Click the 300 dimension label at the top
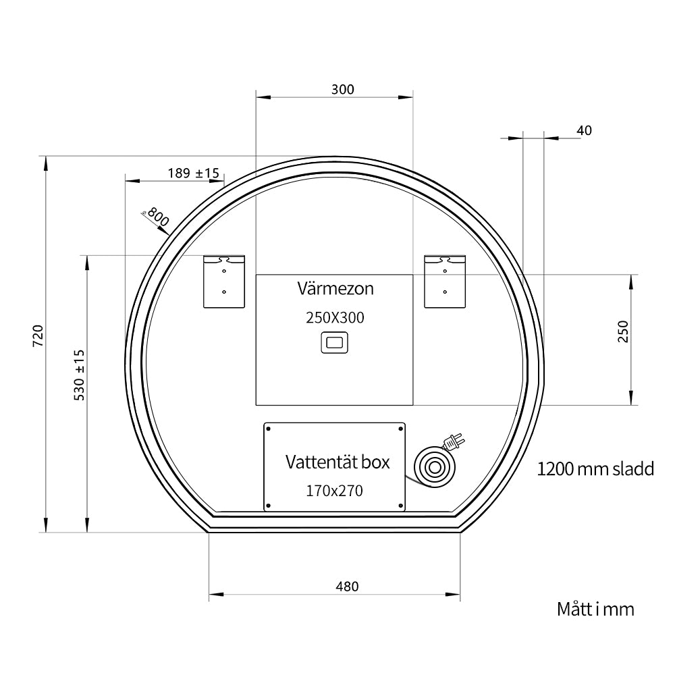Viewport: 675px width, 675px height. (343, 90)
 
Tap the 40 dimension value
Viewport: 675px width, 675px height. (584, 130)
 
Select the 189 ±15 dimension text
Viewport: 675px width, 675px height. (194, 173)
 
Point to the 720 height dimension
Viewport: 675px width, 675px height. (38, 335)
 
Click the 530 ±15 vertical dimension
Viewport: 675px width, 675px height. (80, 375)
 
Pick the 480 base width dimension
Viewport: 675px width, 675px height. (347, 587)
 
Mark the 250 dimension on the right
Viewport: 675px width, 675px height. (623, 331)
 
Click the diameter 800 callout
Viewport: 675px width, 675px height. (156, 217)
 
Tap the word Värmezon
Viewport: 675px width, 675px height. (335, 288)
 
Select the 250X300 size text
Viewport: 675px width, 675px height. (335, 318)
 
